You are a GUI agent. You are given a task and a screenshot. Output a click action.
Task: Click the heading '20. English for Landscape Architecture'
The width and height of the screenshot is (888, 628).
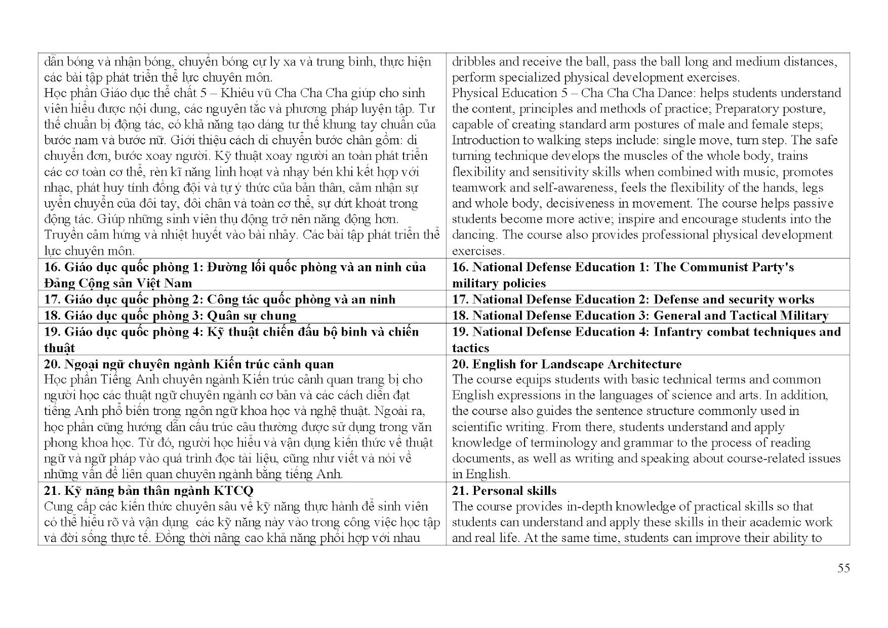tap(567, 364)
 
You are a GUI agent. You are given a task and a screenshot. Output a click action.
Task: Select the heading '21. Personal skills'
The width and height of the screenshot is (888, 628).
tap(504, 491)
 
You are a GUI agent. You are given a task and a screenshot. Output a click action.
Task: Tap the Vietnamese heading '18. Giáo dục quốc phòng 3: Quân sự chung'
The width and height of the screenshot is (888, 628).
tap(170, 316)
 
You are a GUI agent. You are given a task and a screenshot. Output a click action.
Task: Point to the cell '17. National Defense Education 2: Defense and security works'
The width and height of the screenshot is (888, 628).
tap(633, 300)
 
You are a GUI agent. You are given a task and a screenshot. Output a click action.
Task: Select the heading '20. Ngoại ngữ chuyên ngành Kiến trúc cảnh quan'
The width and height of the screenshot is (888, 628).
tap(189, 364)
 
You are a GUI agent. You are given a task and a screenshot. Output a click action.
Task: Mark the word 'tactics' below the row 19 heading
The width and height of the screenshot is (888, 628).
tap(471, 348)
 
